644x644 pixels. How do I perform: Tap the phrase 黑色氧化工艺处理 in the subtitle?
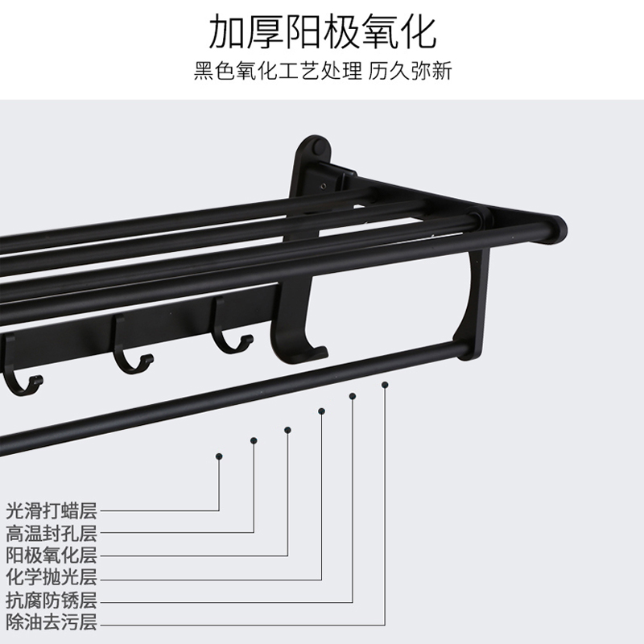[278, 71]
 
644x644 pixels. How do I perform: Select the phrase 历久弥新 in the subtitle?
[411, 71]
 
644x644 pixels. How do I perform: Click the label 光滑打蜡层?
[51, 510]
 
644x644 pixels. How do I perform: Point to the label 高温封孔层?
[51, 532]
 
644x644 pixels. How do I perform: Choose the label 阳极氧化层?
[51, 555]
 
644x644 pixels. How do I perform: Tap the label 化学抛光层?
[51, 577]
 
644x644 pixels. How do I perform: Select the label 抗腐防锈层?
[51, 600]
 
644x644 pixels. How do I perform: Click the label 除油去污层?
[51, 622]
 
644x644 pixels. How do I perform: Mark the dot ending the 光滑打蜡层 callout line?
[219, 456]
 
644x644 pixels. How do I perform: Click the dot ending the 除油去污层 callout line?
[385, 385]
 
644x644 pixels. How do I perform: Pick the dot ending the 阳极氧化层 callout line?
[287, 429]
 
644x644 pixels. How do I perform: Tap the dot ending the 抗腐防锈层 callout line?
[352, 395]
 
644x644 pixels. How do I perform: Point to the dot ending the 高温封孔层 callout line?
[254, 440]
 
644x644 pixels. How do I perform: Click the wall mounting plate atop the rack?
[312, 161]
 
